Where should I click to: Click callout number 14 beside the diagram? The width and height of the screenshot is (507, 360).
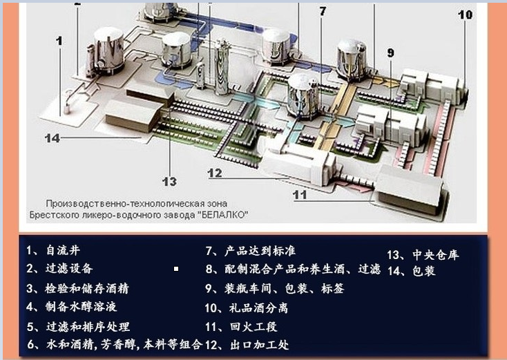tap(52, 138)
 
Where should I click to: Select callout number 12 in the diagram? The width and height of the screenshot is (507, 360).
tap(214, 173)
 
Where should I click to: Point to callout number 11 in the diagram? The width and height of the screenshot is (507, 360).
tap(299, 195)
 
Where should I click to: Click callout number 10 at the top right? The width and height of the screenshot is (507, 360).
tap(465, 15)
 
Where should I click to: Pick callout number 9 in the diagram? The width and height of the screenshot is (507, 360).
tap(390, 53)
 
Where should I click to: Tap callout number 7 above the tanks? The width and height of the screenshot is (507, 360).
tap(322, 11)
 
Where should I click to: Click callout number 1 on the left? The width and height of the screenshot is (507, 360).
tap(59, 41)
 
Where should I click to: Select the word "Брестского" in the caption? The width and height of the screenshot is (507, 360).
tap(70, 214)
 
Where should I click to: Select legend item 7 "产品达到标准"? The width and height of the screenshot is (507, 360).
tap(253, 251)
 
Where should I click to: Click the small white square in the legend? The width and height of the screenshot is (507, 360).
tap(177, 269)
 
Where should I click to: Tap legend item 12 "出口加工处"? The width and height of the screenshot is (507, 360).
tap(247, 344)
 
